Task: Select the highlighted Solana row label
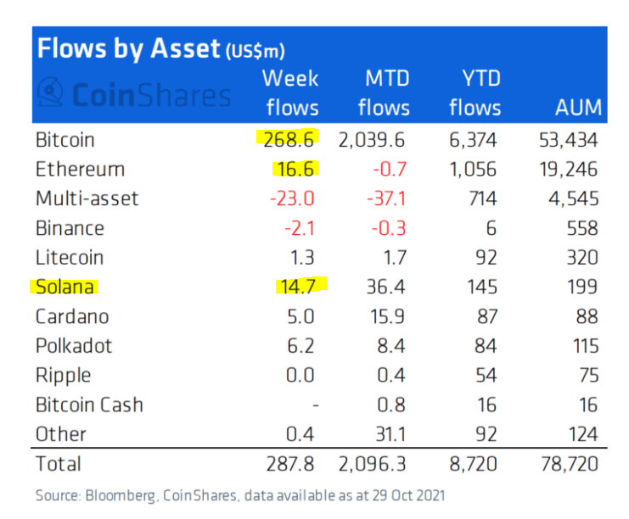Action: point(65,287)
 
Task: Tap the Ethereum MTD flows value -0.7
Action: point(391,169)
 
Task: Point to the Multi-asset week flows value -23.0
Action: point(294,198)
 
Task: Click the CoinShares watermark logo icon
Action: point(53,94)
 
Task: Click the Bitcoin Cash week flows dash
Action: point(314,405)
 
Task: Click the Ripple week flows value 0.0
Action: point(302,376)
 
